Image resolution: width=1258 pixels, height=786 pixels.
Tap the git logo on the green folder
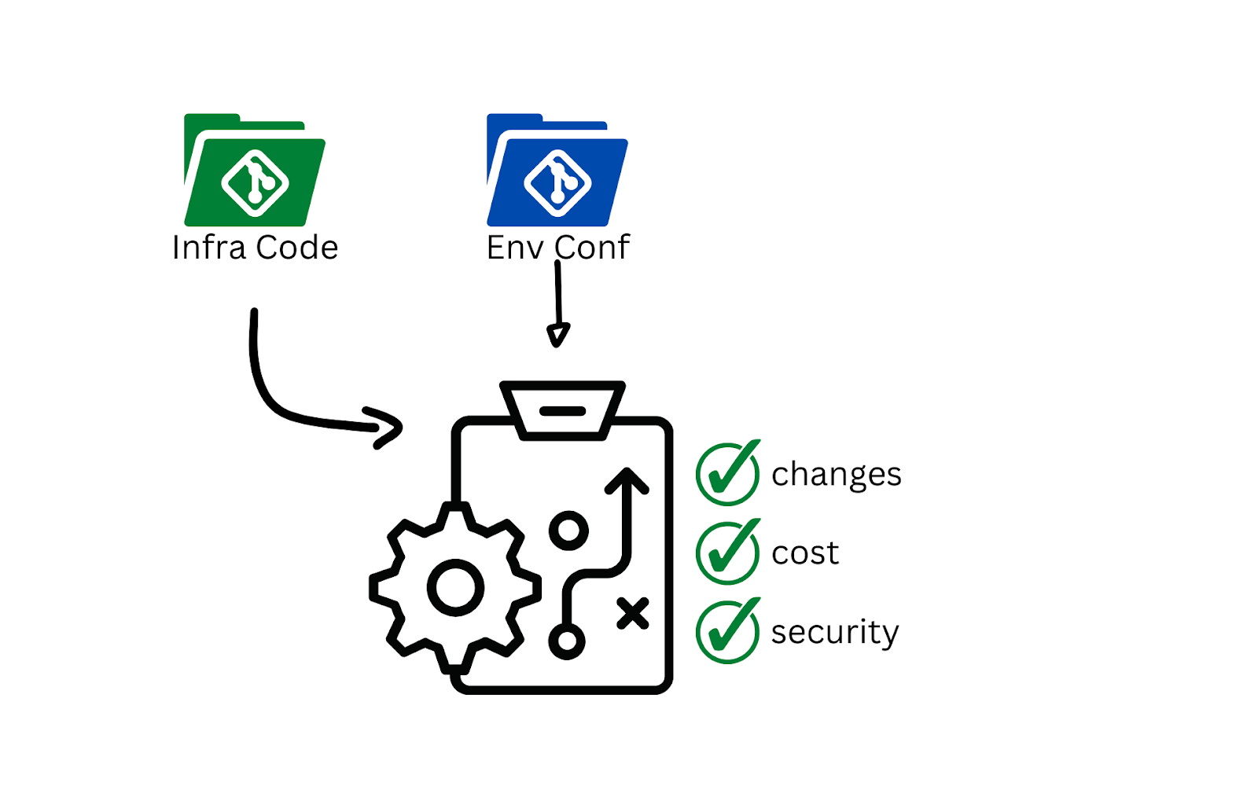[255, 183]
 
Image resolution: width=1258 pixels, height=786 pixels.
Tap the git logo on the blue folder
[557, 183]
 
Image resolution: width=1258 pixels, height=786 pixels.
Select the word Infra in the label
[209, 248]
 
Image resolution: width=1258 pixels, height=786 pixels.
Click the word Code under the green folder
[297, 248]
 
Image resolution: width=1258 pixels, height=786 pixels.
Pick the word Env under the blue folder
[515, 248]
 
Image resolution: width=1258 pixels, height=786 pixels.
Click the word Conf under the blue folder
[592, 248]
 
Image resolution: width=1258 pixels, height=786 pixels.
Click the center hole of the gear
[455, 588]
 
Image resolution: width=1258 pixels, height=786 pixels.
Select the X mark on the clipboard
[633, 614]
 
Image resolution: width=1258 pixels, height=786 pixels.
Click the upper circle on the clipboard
[568, 531]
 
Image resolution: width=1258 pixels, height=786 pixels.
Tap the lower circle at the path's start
[567, 641]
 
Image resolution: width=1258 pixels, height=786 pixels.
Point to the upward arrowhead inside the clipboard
[627, 479]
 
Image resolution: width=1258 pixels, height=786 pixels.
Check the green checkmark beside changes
[728, 473]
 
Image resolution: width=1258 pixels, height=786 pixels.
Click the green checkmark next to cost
[728, 552]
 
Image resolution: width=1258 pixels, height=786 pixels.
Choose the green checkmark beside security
[728, 631]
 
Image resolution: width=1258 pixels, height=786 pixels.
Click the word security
[835, 632]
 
